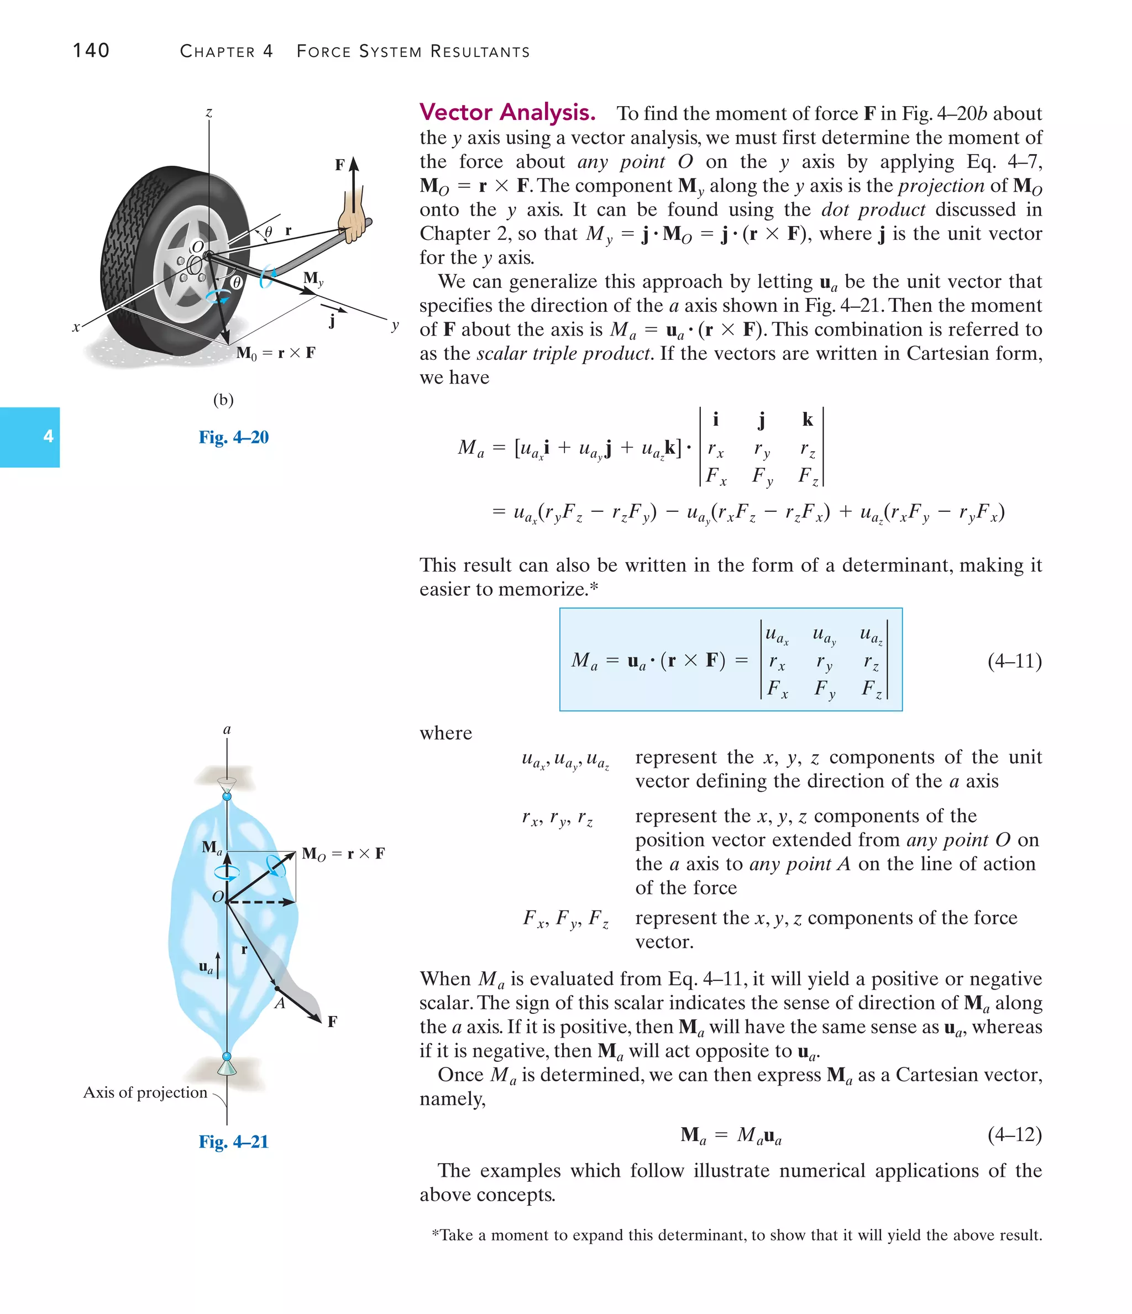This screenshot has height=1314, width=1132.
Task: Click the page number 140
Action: (91, 51)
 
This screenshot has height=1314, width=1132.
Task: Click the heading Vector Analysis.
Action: (507, 112)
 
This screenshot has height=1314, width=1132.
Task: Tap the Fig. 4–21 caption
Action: (233, 1142)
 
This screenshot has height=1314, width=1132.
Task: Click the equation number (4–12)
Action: (1014, 1134)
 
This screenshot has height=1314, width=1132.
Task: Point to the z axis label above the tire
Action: (208, 113)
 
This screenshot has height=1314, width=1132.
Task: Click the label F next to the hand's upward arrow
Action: (340, 165)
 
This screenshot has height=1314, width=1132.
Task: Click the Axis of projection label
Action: (145, 1092)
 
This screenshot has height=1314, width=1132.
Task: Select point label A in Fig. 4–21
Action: (280, 1004)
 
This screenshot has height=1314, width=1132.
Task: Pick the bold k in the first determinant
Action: (808, 419)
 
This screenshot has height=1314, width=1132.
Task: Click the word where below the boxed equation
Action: (446, 733)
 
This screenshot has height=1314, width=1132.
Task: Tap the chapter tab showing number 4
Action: (30, 436)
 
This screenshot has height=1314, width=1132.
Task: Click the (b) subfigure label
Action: (223, 400)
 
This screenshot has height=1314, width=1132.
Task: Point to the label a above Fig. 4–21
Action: (227, 729)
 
